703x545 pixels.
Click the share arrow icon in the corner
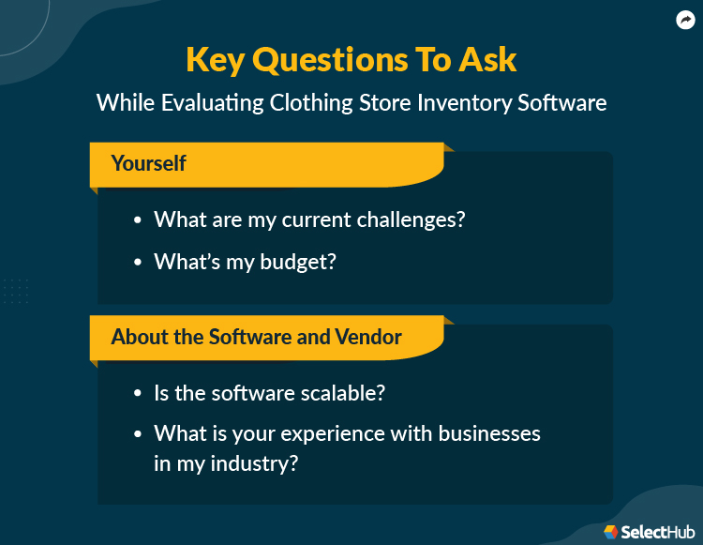click(685, 20)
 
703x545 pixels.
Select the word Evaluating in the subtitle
click(215, 102)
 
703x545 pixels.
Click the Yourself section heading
click(148, 163)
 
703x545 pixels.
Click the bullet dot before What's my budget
click(138, 263)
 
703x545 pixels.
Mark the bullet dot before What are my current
click(138, 220)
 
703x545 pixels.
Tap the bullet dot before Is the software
click(138, 394)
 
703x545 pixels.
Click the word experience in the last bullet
click(340, 435)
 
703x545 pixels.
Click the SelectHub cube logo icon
click(611, 531)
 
